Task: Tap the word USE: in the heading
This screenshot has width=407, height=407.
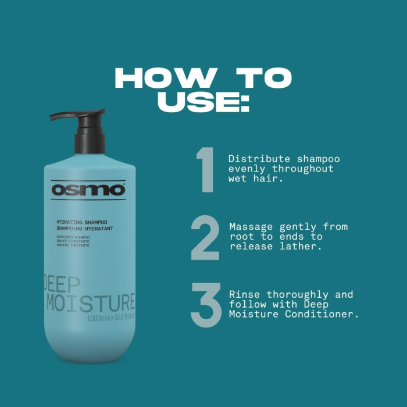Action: [203, 101]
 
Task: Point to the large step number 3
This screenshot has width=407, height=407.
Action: [206, 305]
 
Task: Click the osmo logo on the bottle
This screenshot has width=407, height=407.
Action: [88, 190]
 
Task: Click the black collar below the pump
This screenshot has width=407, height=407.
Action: [90, 142]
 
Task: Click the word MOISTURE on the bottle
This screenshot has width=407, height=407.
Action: [90, 303]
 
